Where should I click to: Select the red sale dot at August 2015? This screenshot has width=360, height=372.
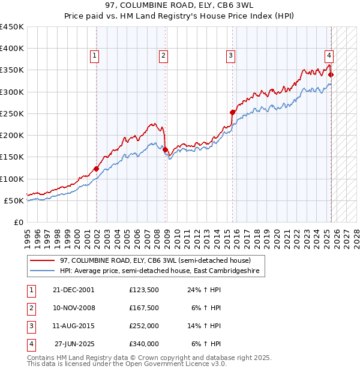(x=233, y=112)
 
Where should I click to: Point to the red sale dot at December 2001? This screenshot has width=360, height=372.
(x=96, y=169)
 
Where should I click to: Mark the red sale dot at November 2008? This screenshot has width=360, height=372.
(x=165, y=149)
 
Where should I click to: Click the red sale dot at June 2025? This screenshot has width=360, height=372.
(x=331, y=74)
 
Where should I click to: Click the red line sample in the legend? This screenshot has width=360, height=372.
(x=41, y=260)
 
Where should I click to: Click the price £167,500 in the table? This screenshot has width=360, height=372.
(x=143, y=308)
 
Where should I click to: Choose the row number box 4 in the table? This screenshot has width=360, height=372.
(x=31, y=344)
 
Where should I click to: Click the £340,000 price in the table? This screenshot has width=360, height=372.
(x=143, y=344)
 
